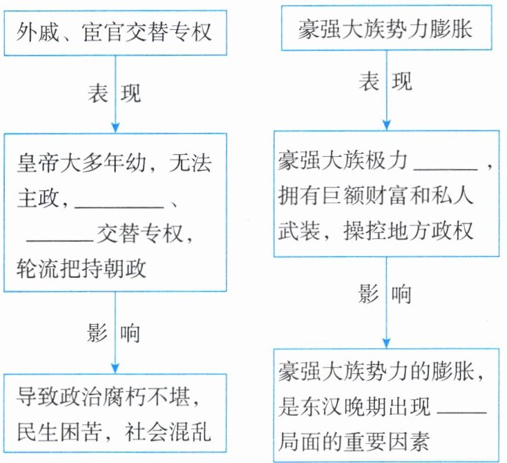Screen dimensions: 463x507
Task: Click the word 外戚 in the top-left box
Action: (x=41, y=32)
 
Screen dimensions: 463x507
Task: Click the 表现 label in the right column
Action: (x=385, y=82)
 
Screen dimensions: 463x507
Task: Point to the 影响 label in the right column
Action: (x=385, y=294)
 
